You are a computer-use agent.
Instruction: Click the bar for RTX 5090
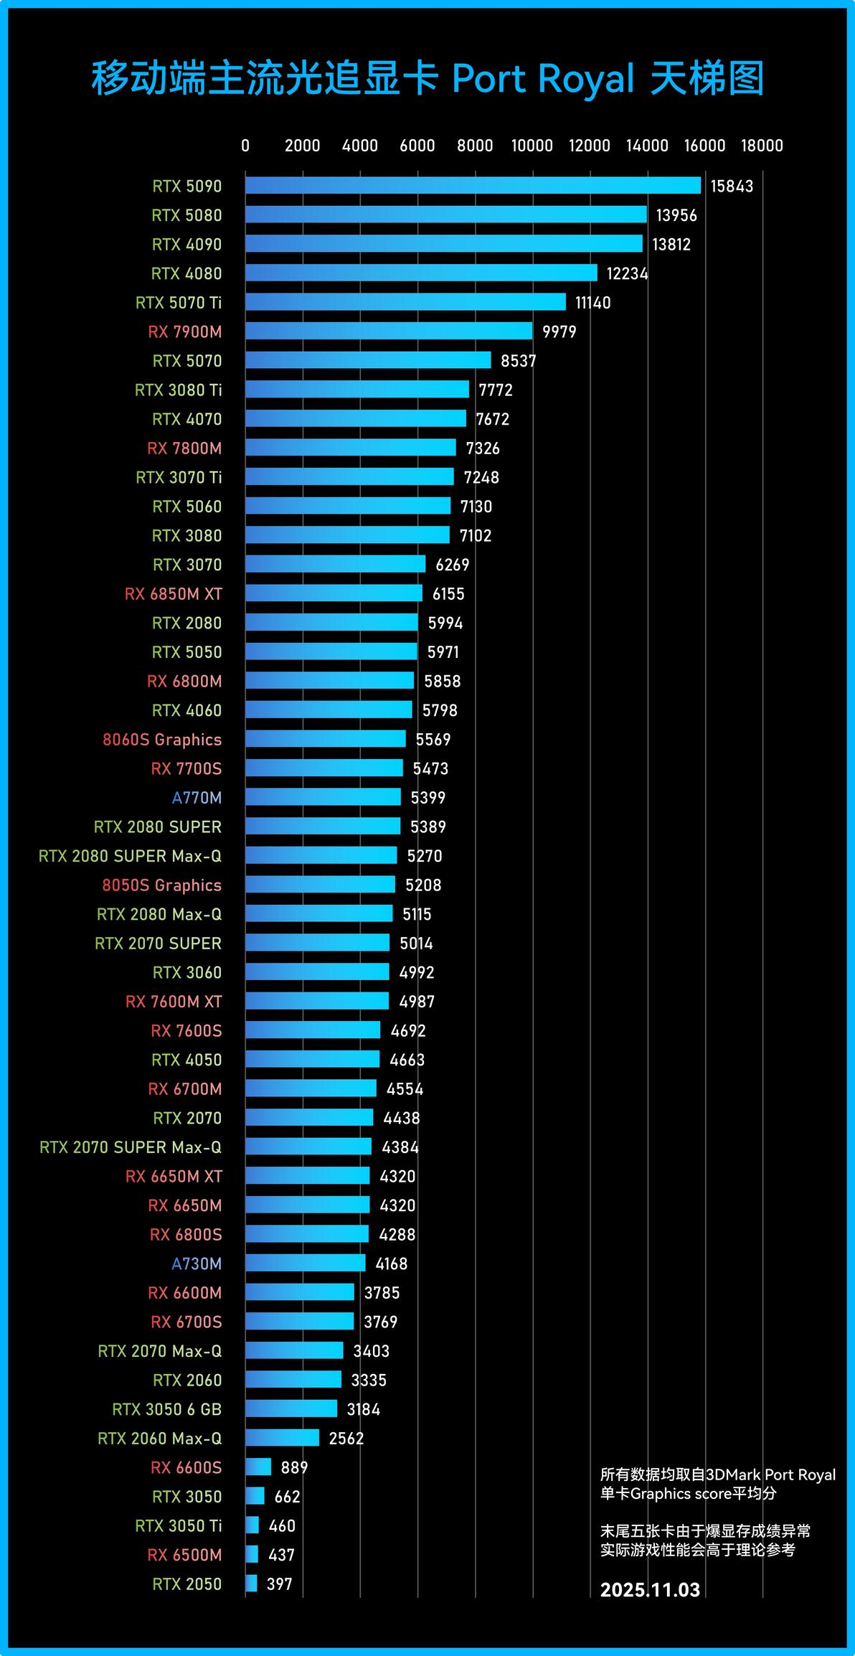pyautogui.click(x=473, y=185)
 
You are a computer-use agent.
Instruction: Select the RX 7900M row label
pyautogui.click(x=185, y=331)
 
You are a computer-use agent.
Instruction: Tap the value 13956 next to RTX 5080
pyautogui.click(x=676, y=215)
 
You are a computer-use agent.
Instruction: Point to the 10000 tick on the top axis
pyautogui.click(x=532, y=146)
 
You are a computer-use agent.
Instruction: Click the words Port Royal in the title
pyautogui.click(x=543, y=79)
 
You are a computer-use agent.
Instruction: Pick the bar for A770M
pyautogui.click(x=323, y=796)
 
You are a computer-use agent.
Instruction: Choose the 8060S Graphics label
pyautogui.click(x=162, y=740)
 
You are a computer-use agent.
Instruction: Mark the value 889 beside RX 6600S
pyautogui.click(x=294, y=1467)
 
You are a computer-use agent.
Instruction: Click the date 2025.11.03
pyautogui.click(x=650, y=1589)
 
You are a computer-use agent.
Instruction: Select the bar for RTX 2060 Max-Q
pyautogui.click(x=282, y=1437)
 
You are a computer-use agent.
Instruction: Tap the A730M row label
pyautogui.click(x=197, y=1264)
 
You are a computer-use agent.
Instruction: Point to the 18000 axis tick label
pyautogui.click(x=762, y=146)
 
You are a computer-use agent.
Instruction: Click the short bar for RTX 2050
pyautogui.click(x=251, y=1583)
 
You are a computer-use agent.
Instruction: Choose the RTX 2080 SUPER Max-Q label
pyautogui.click(x=130, y=856)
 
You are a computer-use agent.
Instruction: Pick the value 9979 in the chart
pyautogui.click(x=559, y=331)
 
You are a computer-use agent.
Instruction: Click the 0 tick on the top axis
pyautogui.click(x=245, y=146)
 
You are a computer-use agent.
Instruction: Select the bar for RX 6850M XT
pyautogui.click(x=334, y=593)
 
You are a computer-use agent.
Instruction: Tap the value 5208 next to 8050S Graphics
pyautogui.click(x=423, y=885)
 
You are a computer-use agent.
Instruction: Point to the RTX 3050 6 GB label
pyautogui.click(x=167, y=1409)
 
